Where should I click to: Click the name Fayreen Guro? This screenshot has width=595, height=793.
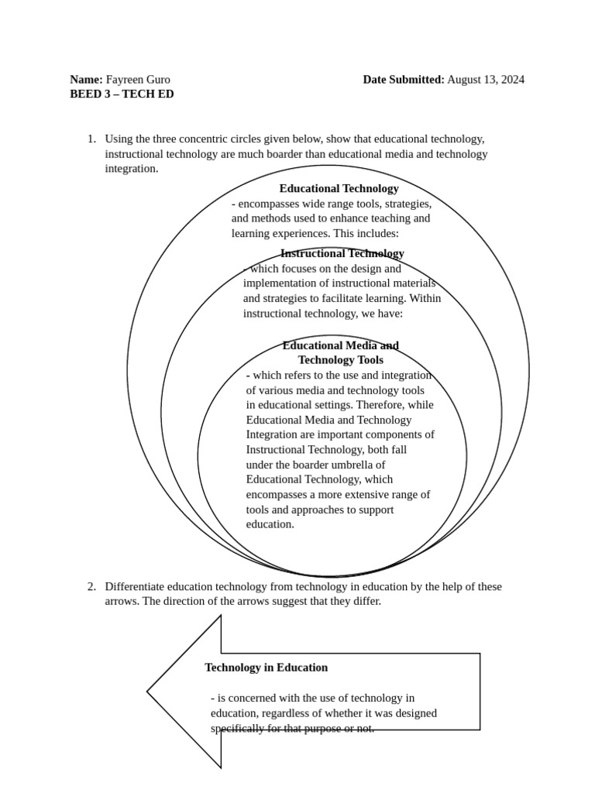138,79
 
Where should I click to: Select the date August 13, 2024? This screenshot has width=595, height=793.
486,79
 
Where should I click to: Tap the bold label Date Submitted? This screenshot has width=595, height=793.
404,79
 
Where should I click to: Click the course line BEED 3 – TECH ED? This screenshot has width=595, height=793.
122,94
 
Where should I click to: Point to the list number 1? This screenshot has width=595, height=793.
91,139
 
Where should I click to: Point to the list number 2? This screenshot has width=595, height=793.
91,586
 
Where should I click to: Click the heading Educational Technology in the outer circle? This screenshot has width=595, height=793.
339,188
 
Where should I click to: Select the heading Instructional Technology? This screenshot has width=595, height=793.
342,253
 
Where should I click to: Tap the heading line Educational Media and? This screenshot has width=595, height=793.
340,345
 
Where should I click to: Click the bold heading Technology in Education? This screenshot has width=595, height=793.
266,668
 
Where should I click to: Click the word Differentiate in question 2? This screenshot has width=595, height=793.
135,586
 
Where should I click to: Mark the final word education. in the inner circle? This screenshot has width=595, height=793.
270,524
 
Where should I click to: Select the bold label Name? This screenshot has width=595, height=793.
86,79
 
